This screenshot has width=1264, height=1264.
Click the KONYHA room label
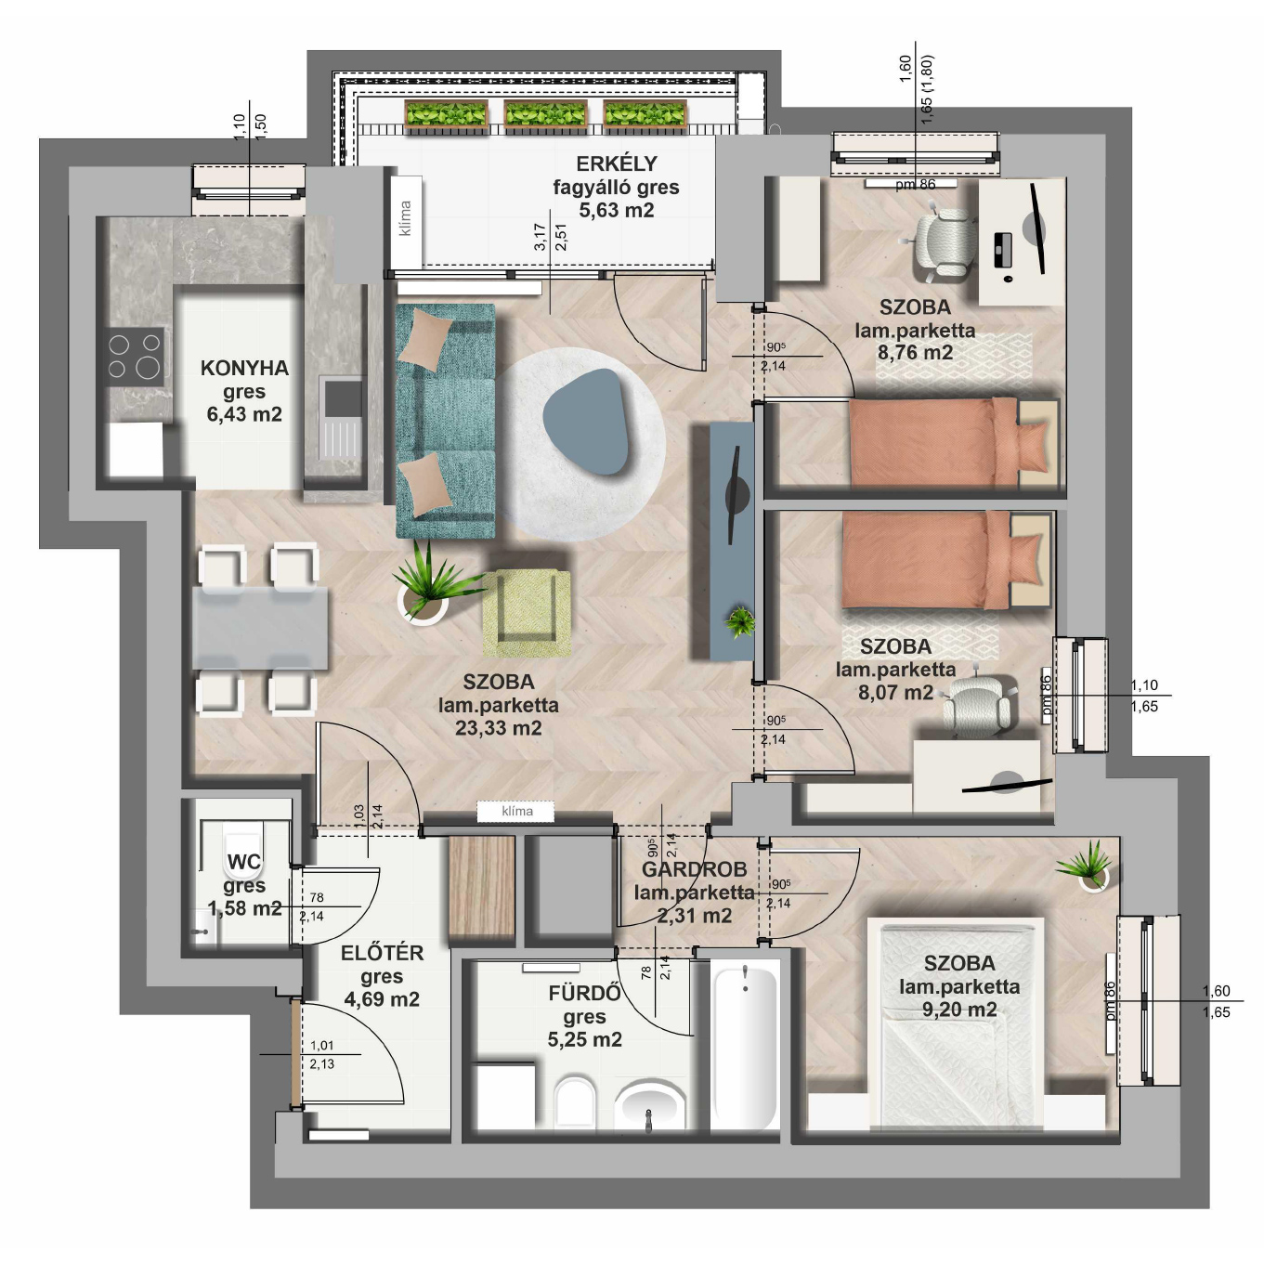point(244,368)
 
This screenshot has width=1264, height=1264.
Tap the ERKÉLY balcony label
point(616,163)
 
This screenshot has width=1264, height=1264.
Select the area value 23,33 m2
point(499,728)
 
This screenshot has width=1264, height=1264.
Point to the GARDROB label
point(694,869)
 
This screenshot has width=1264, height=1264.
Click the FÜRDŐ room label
point(584,994)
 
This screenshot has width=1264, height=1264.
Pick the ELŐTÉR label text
point(382,953)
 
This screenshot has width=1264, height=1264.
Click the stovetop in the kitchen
point(135,357)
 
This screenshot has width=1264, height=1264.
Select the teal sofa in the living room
point(445,421)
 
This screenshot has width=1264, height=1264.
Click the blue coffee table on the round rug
point(587,421)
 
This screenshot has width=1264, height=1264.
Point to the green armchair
point(526,613)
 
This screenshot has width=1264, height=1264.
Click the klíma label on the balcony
point(405,218)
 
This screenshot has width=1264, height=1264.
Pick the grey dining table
point(260,629)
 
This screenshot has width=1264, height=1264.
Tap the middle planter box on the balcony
point(544,114)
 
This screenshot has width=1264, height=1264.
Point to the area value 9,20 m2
point(959,1010)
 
